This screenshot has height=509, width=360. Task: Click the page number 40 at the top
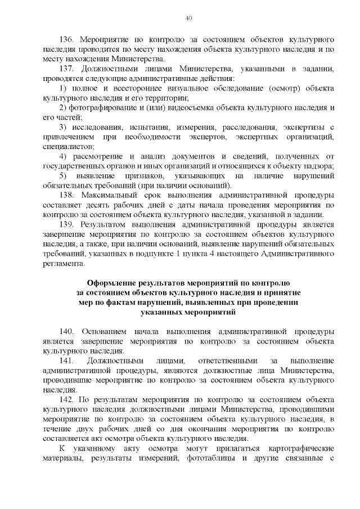pos(189,19)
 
